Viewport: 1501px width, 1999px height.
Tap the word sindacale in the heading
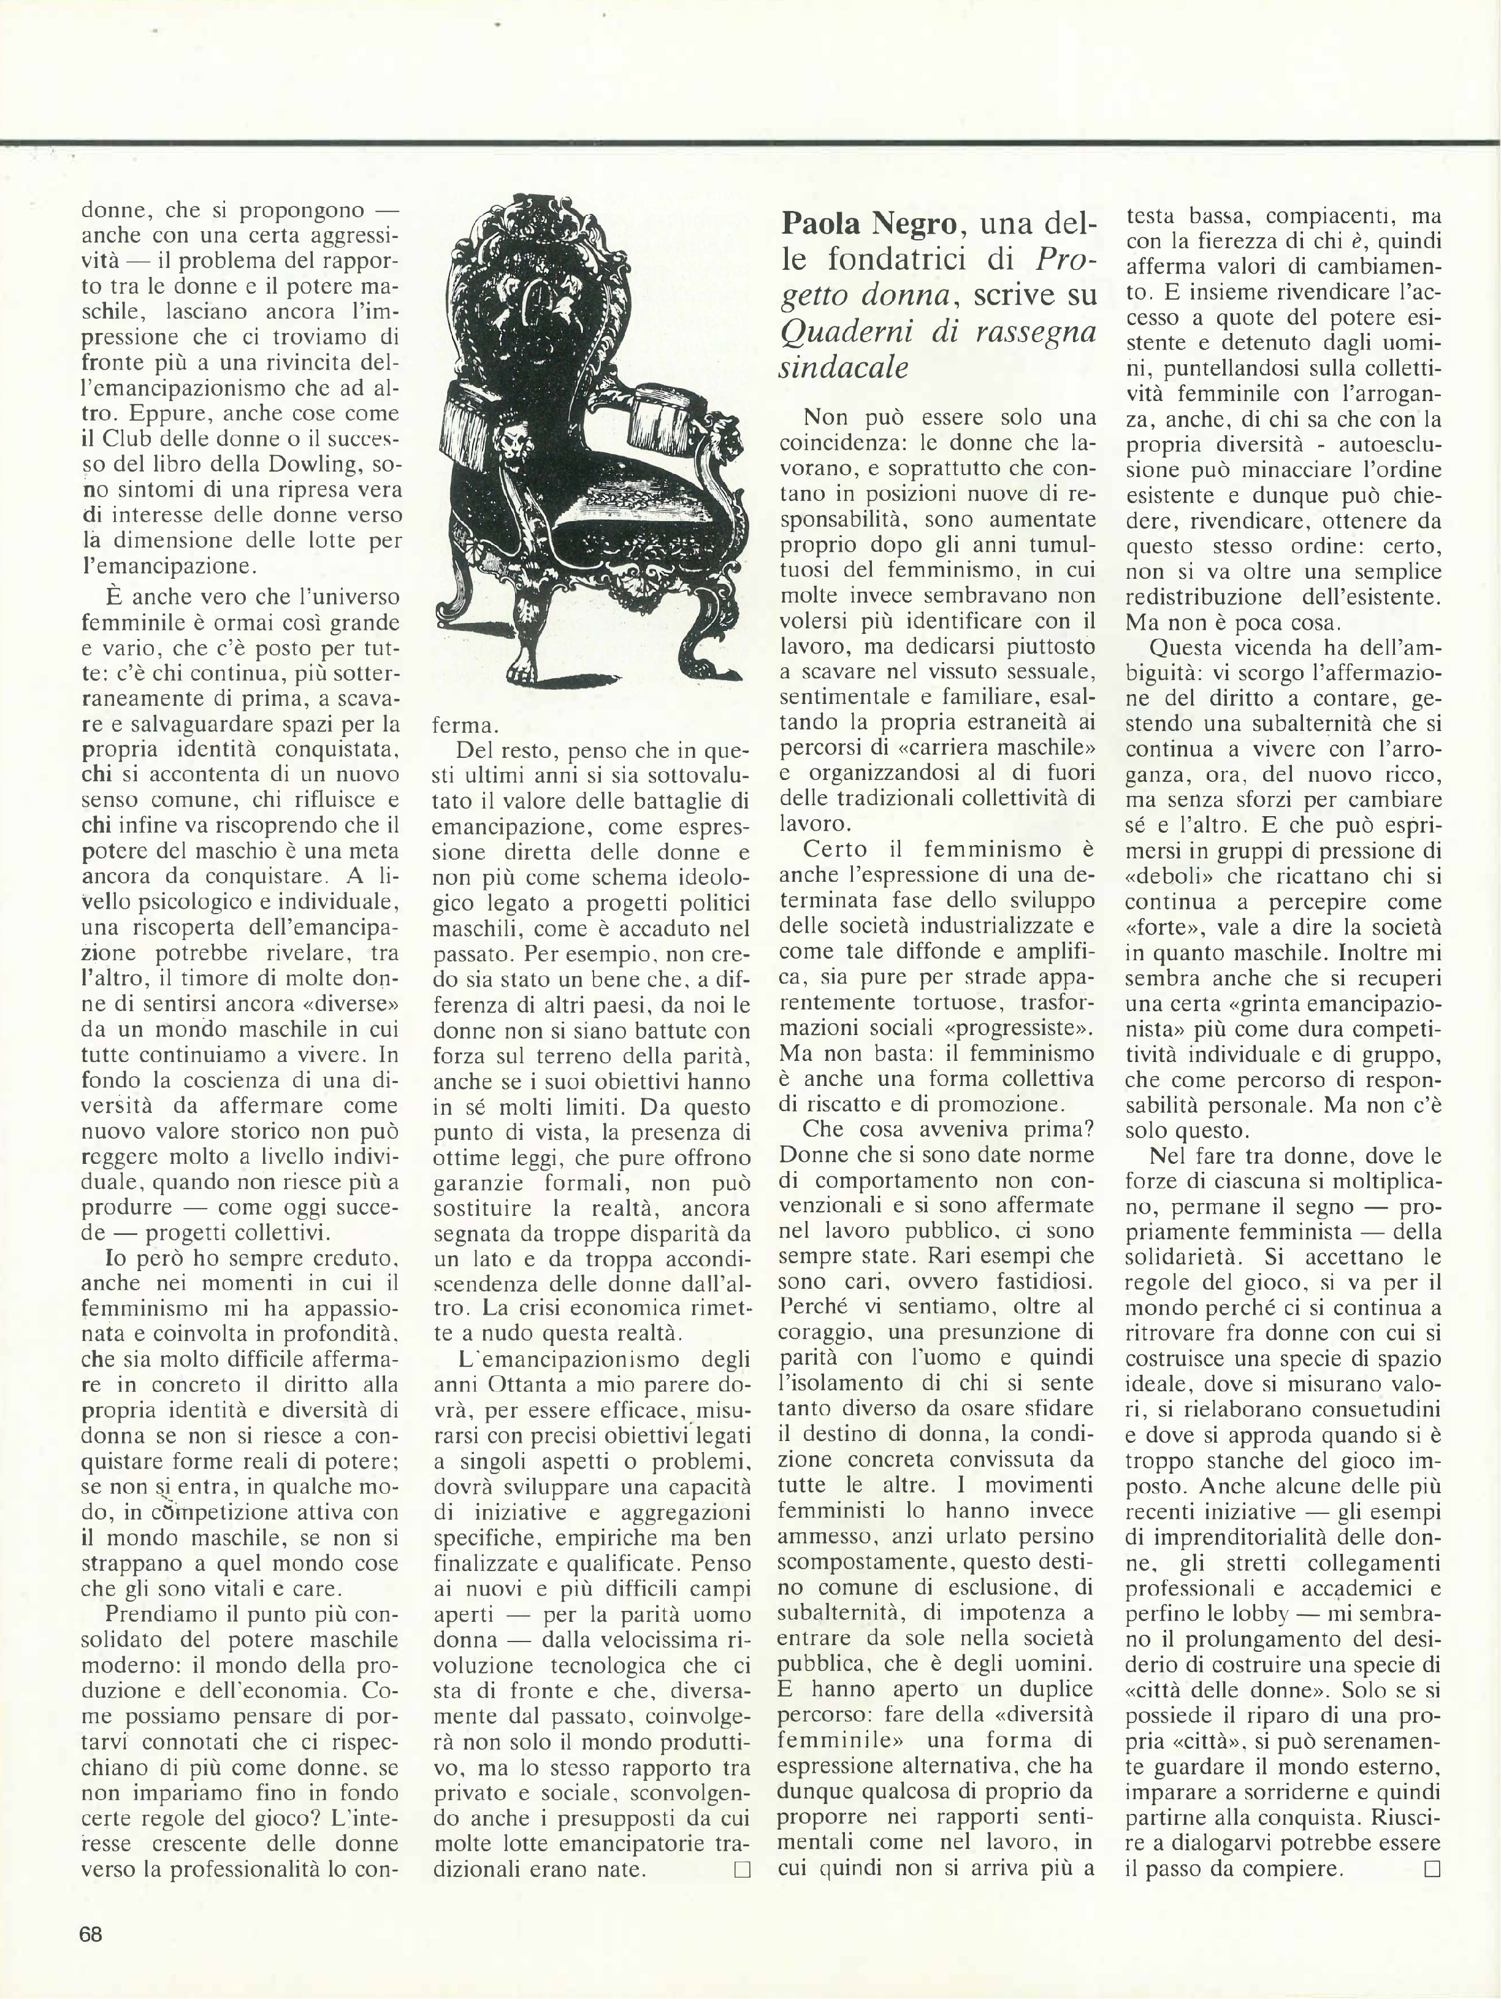coord(842,369)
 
